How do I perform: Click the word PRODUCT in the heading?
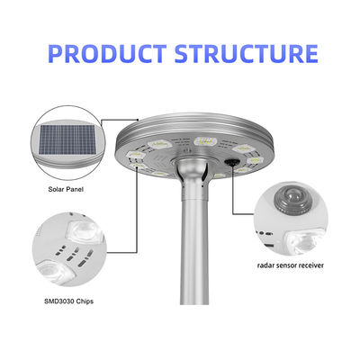pyautogui.click(x=107, y=54)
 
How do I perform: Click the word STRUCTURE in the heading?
pyautogui.click(x=246, y=54)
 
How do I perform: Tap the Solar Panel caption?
pyautogui.click(x=66, y=190)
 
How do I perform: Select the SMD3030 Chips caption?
pyautogui.click(x=68, y=301)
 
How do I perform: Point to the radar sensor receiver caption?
pyautogui.click(x=291, y=265)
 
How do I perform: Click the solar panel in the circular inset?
pyautogui.click(x=67, y=139)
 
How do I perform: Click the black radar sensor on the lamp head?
pyautogui.click(x=230, y=161)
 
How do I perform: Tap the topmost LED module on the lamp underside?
pyautogui.click(x=205, y=141)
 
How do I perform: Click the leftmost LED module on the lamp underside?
pyautogui.click(x=135, y=156)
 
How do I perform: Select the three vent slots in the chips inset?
pyautogui.click(x=74, y=255)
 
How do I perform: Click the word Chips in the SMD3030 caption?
pyautogui.click(x=85, y=301)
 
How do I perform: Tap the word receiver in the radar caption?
pyautogui.click(x=312, y=265)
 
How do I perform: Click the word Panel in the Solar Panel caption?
pyautogui.click(x=76, y=190)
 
